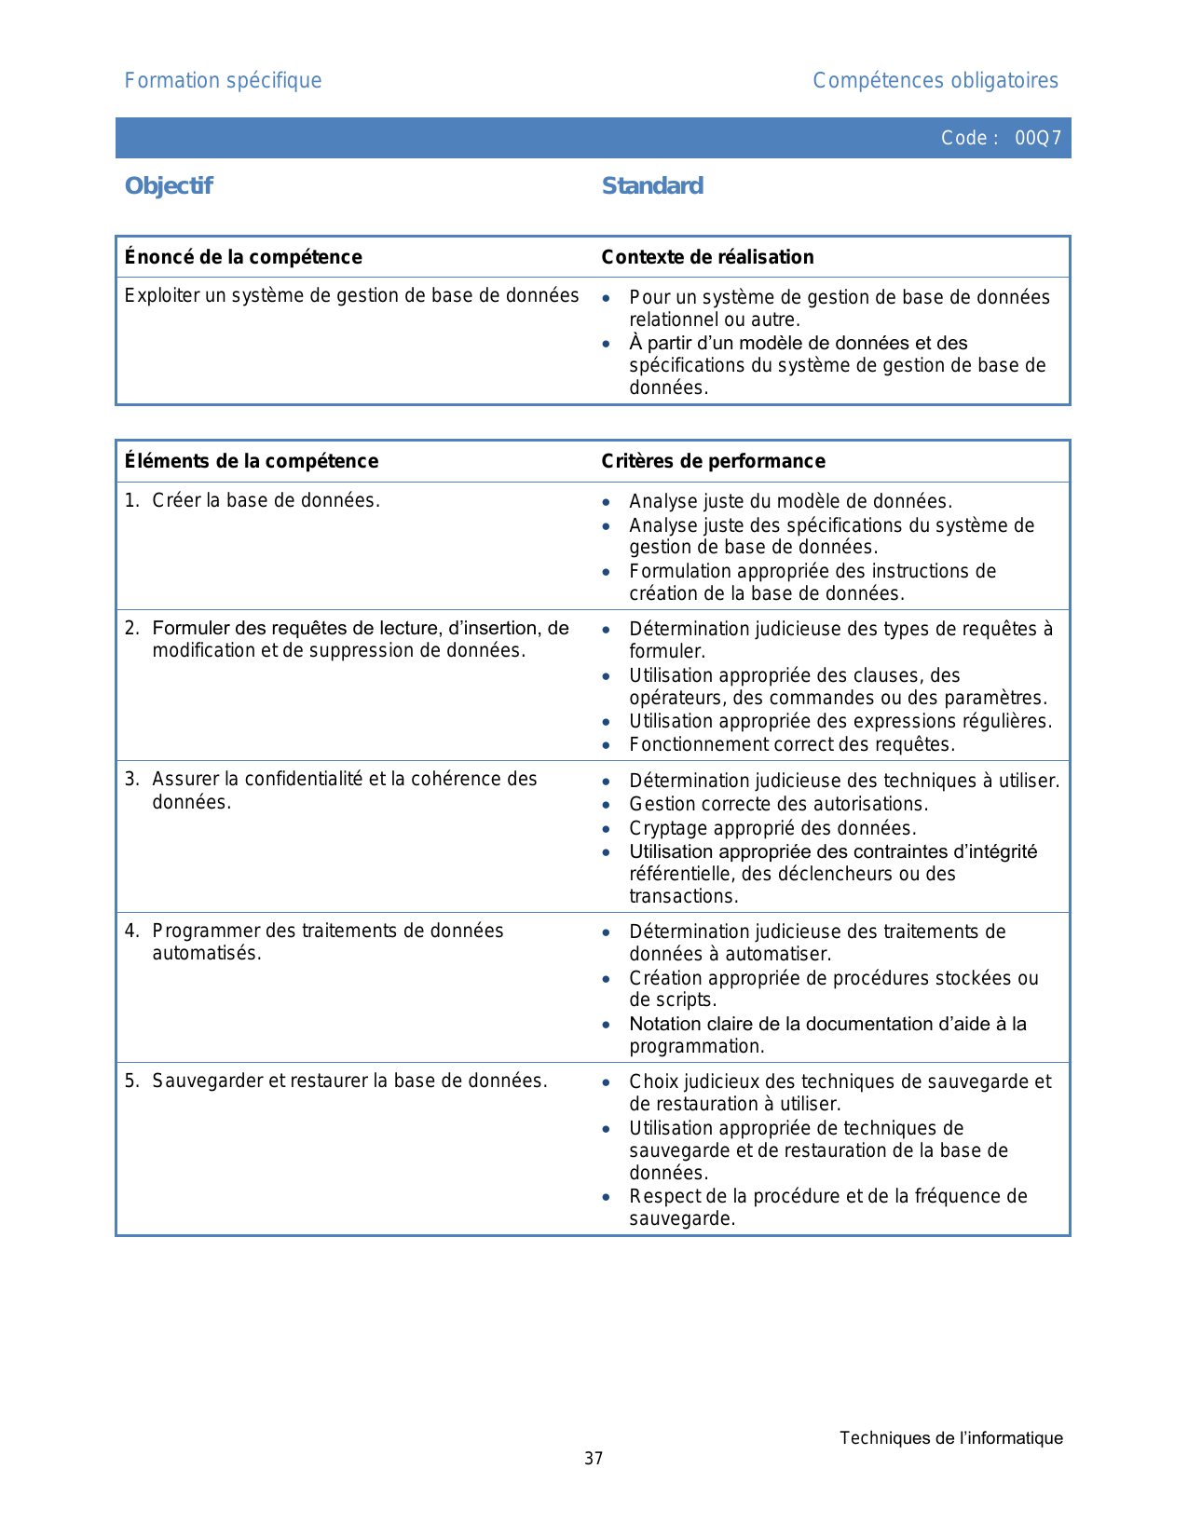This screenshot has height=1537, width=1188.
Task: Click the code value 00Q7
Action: (1038, 139)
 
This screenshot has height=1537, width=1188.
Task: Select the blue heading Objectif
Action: (169, 186)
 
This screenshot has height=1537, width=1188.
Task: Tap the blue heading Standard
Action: (652, 186)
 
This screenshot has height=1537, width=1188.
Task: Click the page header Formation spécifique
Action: (223, 81)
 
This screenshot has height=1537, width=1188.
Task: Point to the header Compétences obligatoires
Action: (935, 81)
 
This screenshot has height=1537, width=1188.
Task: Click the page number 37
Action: (594, 1459)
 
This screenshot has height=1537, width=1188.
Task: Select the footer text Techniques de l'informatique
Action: (950, 1438)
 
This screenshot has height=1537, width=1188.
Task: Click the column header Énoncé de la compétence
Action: (243, 257)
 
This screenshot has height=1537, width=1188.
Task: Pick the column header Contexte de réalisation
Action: (707, 257)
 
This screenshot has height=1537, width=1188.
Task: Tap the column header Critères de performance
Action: (713, 461)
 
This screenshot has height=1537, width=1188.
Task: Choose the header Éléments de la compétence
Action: (252, 461)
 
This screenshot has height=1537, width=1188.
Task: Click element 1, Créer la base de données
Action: (266, 501)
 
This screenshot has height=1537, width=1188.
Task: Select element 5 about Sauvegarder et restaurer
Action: (349, 1081)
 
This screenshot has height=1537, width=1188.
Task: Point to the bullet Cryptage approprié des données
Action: (772, 828)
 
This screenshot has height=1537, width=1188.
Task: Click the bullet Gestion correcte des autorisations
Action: (778, 804)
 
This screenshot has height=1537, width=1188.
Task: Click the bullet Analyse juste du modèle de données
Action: (790, 502)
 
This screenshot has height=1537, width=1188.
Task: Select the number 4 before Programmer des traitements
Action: (131, 932)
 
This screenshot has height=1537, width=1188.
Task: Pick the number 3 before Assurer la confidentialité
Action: (131, 780)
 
